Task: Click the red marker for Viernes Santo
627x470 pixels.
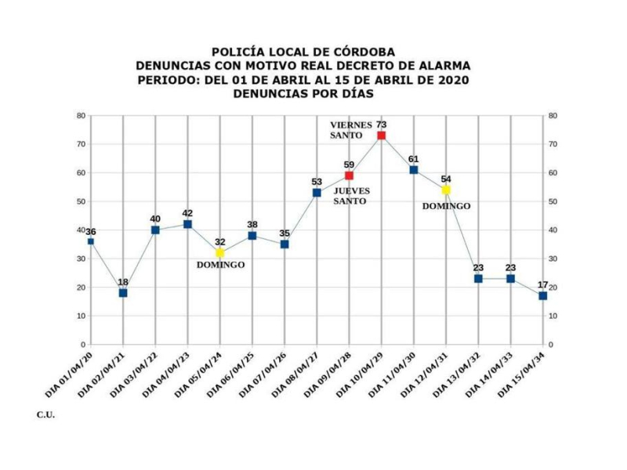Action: click(x=381, y=136)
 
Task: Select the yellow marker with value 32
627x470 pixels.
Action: click(x=220, y=253)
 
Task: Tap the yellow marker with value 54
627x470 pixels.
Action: click(x=446, y=190)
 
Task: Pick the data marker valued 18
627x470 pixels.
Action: click(x=123, y=293)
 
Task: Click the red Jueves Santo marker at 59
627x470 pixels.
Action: click(x=350, y=175)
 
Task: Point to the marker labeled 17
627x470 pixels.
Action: click(x=542, y=295)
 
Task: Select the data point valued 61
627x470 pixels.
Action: click(x=414, y=170)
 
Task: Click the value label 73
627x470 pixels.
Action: click(x=381, y=125)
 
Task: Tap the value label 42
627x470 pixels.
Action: click(x=187, y=213)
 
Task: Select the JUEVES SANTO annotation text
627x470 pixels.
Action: click(x=352, y=195)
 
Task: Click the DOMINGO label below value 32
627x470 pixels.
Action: click(x=220, y=265)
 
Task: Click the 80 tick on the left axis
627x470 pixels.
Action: click(x=81, y=116)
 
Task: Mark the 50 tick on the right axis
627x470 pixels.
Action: click(x=553, y=201)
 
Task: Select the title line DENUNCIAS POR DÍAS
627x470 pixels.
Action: click(x=303, y=93)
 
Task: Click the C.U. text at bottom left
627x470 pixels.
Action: click(x=45, y=414)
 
